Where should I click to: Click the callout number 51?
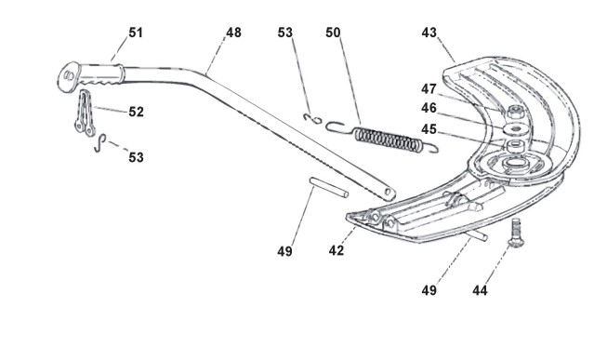tap(136, 33)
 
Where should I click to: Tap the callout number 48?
tap(233, 33)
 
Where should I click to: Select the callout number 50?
tap(333, 33)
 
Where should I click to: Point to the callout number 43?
tap(429, 33)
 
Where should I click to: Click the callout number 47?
tap(429, 89)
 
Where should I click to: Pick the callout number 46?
tap(429, 108)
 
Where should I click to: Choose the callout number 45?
tap(429, 129)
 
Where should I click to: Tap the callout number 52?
tap(136, 112)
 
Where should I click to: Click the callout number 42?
tap(337, 250)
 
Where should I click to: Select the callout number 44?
tap(480, 290)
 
